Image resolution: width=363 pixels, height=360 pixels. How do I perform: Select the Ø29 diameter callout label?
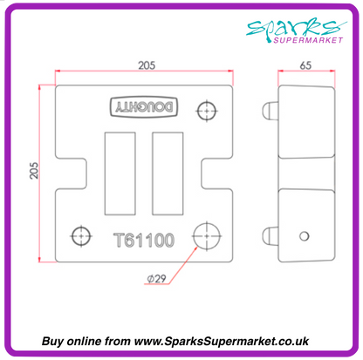point(158,278)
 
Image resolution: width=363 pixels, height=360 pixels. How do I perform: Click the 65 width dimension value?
point(305,65)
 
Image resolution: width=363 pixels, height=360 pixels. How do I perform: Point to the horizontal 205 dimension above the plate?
point(146,65)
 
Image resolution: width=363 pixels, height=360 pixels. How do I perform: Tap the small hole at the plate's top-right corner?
point(207,111)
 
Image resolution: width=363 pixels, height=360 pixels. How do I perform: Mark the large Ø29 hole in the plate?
point(207,235)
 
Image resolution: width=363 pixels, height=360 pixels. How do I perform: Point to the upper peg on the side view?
point(270,110)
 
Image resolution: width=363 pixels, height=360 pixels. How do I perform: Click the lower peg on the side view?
point(270,234)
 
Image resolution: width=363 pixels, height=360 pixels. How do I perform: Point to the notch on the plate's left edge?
point(65,172)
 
